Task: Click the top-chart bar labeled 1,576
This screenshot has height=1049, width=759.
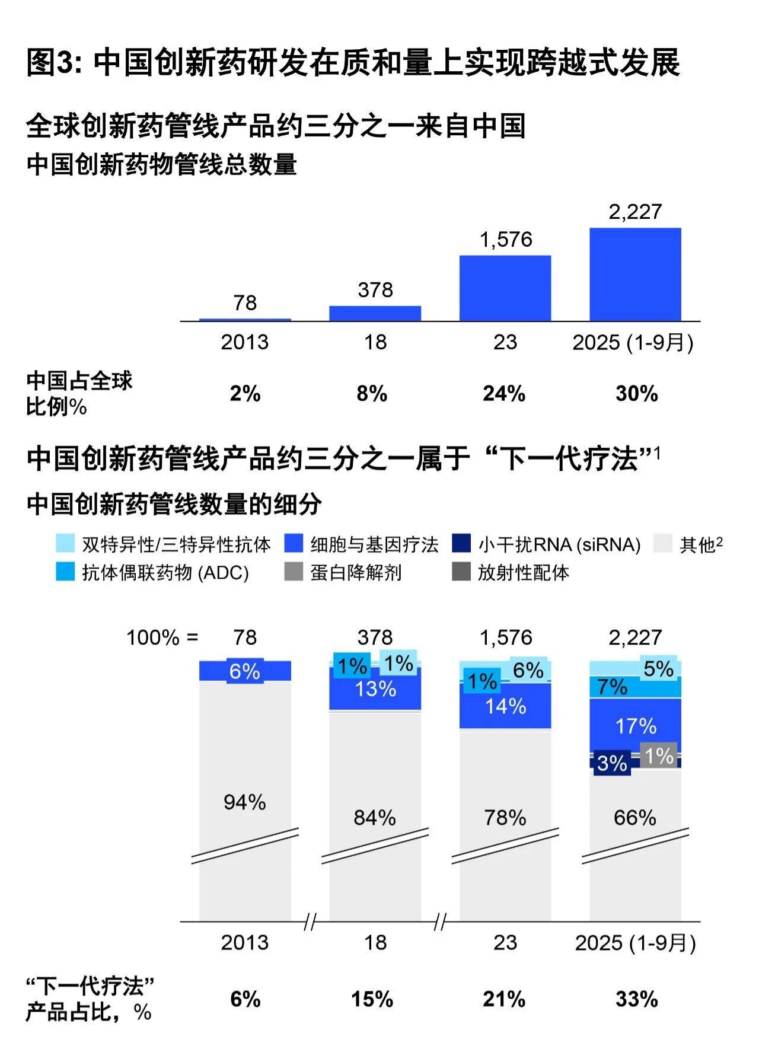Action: pyautogui.click(x=505, y=288)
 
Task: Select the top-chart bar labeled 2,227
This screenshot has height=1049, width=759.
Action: pyautogui.click(x=635, y=274)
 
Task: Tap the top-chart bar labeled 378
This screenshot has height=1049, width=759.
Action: pyautogui.click(x=375, y=313)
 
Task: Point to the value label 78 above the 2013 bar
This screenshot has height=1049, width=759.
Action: pyautogui.click(x=245, y=303)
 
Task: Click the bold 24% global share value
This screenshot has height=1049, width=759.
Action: pyautogui.click(x=504, y=394)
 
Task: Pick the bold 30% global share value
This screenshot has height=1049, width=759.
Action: pyautogui.click(x=636, y=394)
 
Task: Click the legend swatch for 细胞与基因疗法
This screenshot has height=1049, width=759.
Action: pyautogui.click(x=294, y=544)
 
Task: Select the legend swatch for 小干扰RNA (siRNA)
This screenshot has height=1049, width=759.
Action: pyautogui.click(x=461, y=544)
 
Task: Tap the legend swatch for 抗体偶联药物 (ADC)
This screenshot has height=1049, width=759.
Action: pyautogui.click(x=65, y=572)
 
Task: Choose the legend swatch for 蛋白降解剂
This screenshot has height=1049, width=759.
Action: pyautogui.click(x=294, y=572)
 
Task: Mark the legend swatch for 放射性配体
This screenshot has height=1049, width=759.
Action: pyautogui.click(x=461, y=572)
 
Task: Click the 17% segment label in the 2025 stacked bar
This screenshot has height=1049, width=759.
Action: pyautogui.click(x=636, y=726)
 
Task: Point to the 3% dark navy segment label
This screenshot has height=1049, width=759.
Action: pyautogui.click(x=612, y=763)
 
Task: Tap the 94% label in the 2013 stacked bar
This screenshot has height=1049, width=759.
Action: pyautogui.click(x=245, y=802)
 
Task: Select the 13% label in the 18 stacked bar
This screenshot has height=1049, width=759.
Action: pyautogui.click(x=375, y=689)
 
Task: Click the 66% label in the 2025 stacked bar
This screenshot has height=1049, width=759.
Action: pyautogui.click(x=635, y=818)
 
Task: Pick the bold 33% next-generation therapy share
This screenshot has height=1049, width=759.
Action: pyautogui.click(x=636, y=1000)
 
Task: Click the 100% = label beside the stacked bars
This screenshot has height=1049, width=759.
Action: pyautogui.click(x=162, y=638)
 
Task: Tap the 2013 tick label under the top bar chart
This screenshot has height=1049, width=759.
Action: pyautogui.click(x=245, y=343)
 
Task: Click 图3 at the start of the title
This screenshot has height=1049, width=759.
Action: pyautogui.click(x=56, y=63)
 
